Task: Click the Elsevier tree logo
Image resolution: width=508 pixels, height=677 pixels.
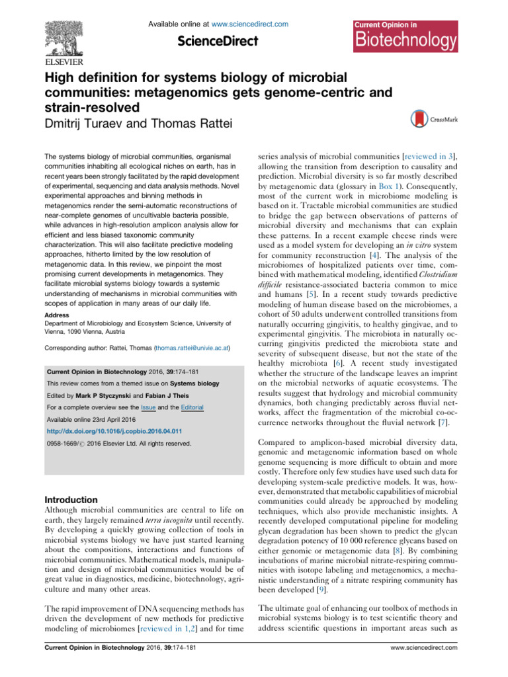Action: coord(70,33)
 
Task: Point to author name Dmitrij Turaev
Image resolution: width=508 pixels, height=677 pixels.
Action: coord(92,121)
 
